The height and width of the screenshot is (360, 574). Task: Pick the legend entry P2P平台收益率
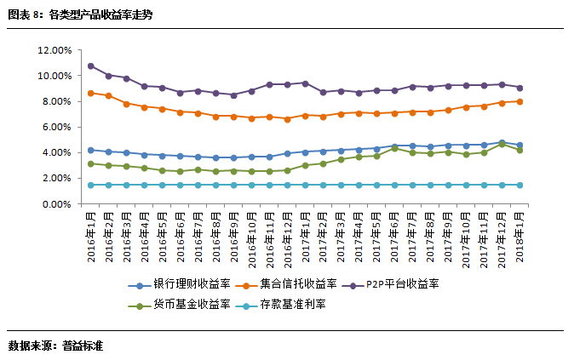point(402,283)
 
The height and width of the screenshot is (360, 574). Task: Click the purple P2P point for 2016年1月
point(90,66)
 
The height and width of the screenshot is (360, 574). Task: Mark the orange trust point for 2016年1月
point(90,93)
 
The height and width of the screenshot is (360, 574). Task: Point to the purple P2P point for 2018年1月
point(519,88)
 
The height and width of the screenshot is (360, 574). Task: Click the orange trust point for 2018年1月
point(519,101)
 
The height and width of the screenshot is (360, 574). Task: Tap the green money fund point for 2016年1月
point(90,163)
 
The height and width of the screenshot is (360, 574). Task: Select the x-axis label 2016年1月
point(90,239)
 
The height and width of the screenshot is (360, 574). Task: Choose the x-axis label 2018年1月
point(519,239)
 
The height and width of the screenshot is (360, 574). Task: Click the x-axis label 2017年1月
point(305,239)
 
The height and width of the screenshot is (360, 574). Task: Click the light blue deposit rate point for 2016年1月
point(90,185)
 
